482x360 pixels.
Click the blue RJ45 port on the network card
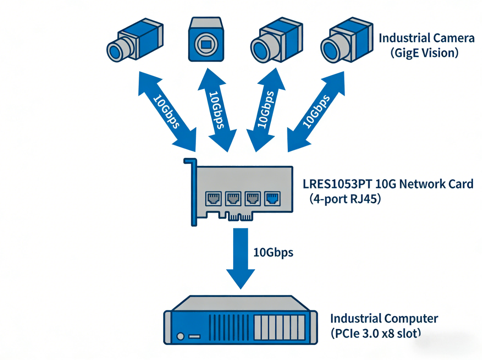[x=271, y=198]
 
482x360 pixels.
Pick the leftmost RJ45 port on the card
[x=212, y=199]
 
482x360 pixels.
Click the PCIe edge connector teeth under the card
[x=238, y=217]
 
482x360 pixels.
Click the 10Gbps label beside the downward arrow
[x=273, y=252]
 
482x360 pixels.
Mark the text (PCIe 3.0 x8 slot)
[x=375, y=334]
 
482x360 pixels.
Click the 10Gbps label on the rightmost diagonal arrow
[x=316, y=111]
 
